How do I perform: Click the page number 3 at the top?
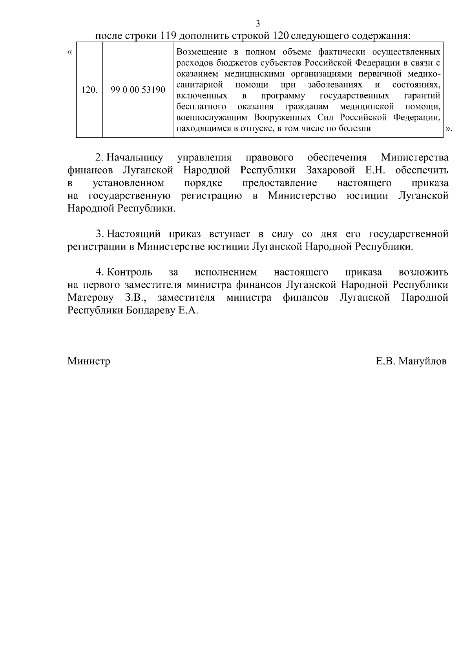click(258, 24)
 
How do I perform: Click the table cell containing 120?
click(89, 90)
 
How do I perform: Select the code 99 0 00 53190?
click(138, 90)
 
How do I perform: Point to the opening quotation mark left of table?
click(69, 53)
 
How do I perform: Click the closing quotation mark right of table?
click(449, 129)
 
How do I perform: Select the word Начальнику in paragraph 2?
click(135, 158)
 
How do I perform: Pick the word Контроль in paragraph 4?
click(130, 272)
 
